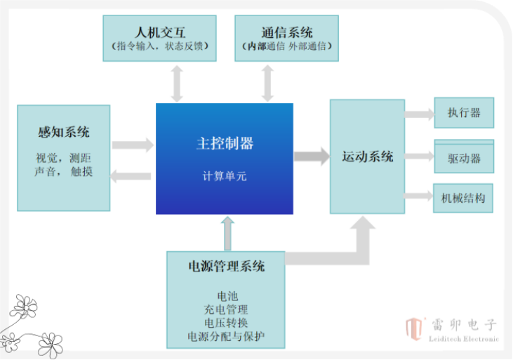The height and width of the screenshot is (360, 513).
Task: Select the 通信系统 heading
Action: click(x=287, y=32)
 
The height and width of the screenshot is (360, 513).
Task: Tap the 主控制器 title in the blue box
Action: click(x=225, y=143)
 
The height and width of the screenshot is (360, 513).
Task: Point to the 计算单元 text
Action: click(x=225, y=176)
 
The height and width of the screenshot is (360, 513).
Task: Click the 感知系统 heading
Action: click(x=64, y=132)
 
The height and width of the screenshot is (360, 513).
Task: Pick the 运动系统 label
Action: click(x=368, y=156)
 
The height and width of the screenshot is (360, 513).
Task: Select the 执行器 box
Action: click(x=464, y=112)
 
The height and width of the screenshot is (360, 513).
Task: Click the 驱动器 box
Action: click(x=464, y=158)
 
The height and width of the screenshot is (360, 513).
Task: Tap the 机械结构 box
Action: click(x=464, y=198)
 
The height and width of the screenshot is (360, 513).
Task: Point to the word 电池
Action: click(x=227, y=297)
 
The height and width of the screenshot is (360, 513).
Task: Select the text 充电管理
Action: click(x=227, y=309)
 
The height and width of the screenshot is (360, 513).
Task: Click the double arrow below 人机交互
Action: click(x=177, y=83)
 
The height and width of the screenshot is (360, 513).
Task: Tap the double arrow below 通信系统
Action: click(x=267, y=83)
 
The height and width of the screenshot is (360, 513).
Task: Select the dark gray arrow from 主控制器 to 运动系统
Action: click(x=312, y=156)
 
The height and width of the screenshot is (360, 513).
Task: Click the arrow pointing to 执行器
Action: click(x=420, y=114)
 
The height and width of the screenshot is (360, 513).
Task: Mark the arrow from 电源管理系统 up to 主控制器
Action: click(x=227, y=233)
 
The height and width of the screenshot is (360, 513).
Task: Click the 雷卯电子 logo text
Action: click(x=463, y=325)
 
